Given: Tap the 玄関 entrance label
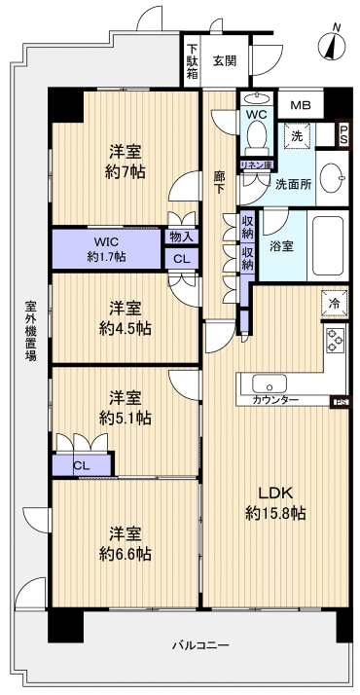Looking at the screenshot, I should coord(225,60).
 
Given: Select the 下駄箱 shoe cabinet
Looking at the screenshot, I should coord(192,60).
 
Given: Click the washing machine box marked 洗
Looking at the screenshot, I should coord(297,137).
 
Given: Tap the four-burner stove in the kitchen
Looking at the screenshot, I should coord(336,341).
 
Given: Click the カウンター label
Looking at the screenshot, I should coord(275,400).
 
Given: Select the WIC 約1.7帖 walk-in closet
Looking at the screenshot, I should coord(106,249).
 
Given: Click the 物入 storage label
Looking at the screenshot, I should coord(180,236).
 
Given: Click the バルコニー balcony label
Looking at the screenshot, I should coord(199,645).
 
